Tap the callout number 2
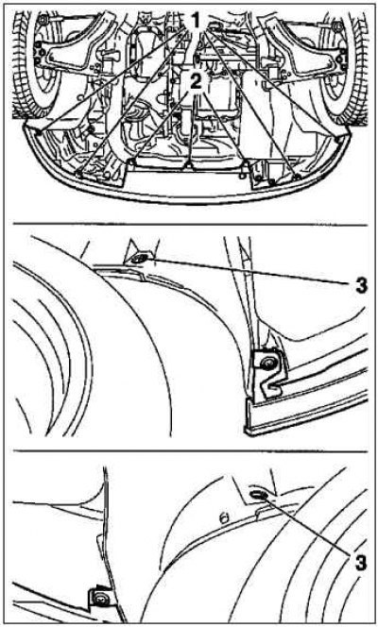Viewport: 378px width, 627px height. (196, 82)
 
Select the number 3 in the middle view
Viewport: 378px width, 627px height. (361, 286)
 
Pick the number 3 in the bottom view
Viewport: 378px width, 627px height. (360, 563)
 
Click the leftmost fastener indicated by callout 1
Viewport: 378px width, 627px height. (38, 131)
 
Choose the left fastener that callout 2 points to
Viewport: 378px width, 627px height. (133, 161)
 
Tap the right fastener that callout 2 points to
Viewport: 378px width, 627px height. (243, 175)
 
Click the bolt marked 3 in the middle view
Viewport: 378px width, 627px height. (138, 259)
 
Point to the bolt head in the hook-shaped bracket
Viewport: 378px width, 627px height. (266, 364)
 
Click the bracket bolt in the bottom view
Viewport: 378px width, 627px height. (100, 599)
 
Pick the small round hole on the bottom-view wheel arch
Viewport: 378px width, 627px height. (224, 518)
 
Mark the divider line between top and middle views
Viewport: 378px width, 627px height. (190, 225)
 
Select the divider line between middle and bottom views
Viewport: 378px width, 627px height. (190, 450)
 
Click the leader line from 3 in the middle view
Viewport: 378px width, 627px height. (249, 271)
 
